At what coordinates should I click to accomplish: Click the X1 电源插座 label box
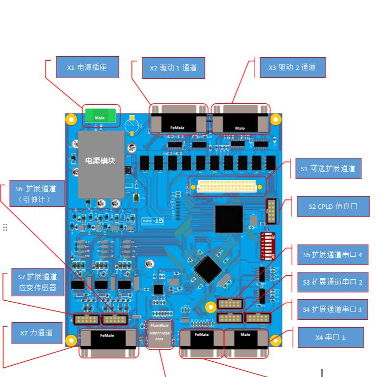tap(87, 67)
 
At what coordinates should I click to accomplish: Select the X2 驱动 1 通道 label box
tap(173, 68)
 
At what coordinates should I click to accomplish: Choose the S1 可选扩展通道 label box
tap(328, 169)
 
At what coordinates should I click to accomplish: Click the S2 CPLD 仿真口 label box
tap(333, 206)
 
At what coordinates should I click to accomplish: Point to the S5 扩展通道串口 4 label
tap(333, 254)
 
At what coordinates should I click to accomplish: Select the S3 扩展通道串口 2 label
tap(333, 282)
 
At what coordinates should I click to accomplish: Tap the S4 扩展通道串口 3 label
tap(333, 309)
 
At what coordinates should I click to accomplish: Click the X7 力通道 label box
tap(37, 333)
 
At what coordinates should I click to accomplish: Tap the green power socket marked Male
tap(100, 116)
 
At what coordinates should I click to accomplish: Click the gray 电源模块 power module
tap(101, 164)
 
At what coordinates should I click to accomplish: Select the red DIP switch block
tap(267, 245)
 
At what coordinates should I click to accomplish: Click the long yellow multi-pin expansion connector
tap(226, 186)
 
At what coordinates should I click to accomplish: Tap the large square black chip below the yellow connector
tap(229, 219)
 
